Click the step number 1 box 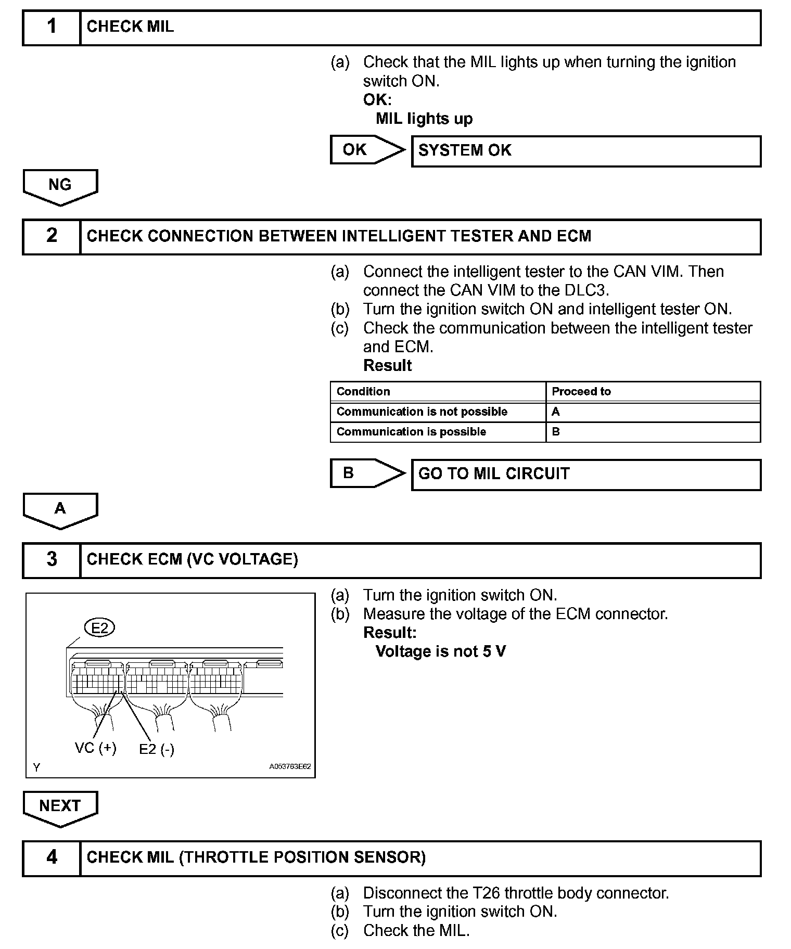click(52, 27)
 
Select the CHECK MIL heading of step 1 click(130, 27)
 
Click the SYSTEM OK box click(586, 151)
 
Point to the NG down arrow click(60, 186)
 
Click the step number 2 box click(52, 236)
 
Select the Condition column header click(363, 391)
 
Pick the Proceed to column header click(581, 391)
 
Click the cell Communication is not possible click(422, 412)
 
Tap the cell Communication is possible click(411, 432)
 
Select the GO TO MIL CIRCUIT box click(586, 474)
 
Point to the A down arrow click(60, 510)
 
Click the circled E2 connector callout click(99, 628)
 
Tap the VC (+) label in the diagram click(96, 748)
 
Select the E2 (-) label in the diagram click(157, 749)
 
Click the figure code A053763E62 click(290, 766)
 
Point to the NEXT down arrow click(60, 807)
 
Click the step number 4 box click(52, 857)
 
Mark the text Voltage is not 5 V click(440, 651)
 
